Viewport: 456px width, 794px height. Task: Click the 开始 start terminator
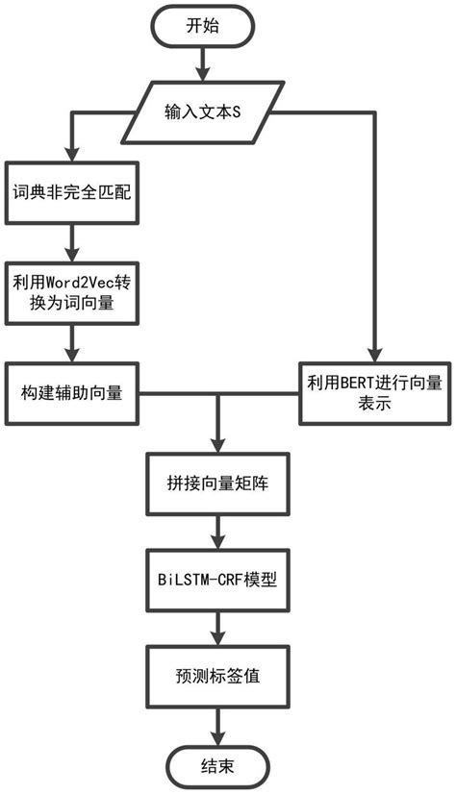pyautogui.click(x=203, y=26)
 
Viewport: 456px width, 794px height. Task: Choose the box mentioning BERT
pyautogui.click(x=371, y=393)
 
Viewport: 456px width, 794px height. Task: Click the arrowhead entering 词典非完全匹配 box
pyautogui.click(x=70, y=161)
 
